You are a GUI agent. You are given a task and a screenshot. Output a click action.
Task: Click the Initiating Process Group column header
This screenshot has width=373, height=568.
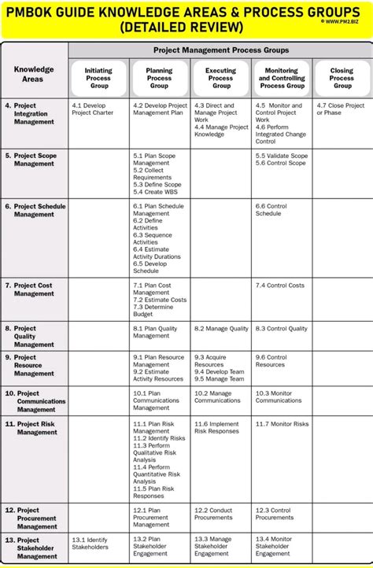(98, 78)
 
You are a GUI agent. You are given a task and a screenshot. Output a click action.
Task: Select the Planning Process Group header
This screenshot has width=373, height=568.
(159, 78)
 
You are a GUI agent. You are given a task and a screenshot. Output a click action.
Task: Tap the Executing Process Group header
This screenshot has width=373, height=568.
(220, 78)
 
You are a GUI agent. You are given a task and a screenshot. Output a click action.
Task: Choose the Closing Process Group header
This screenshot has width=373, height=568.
(342, 78)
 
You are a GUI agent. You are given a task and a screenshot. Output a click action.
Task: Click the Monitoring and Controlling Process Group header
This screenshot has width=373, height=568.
(281, 78)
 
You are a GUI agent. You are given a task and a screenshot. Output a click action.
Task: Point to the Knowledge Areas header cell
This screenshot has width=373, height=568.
(34, 74)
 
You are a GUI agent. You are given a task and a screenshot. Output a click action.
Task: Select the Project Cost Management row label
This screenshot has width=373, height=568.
(35, 289)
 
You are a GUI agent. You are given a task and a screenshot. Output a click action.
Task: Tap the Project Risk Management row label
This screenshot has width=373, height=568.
(38, 428)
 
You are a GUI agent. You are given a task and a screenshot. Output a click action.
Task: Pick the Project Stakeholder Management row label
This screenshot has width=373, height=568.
(38, 548)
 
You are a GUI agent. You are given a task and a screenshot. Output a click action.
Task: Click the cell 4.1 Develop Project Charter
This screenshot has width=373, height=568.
(93, 109)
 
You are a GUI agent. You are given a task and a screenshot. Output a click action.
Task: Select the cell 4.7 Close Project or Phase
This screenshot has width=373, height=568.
(341, 109)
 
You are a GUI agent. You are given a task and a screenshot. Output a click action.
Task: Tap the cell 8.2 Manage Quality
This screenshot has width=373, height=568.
(221, 329)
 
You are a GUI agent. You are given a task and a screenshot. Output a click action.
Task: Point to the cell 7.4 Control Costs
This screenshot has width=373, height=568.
(279, 285)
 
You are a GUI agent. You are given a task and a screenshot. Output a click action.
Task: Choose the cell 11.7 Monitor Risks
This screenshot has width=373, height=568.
(282, 424)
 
